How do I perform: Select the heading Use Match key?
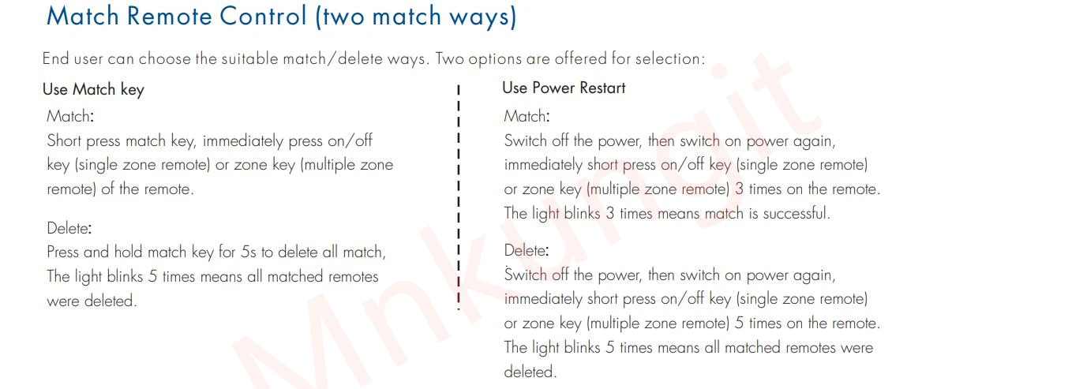[93, 89]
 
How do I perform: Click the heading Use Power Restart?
[564, 88]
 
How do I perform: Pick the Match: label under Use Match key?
[70, 116]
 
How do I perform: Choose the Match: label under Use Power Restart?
[527, 116]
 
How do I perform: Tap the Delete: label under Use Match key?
[69, 228]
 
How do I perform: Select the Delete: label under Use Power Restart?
[526, 251]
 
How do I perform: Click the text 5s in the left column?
[249, 252]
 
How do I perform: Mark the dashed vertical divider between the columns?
[459, 197]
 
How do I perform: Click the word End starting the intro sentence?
[57, 59]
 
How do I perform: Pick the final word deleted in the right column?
[530, 371]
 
